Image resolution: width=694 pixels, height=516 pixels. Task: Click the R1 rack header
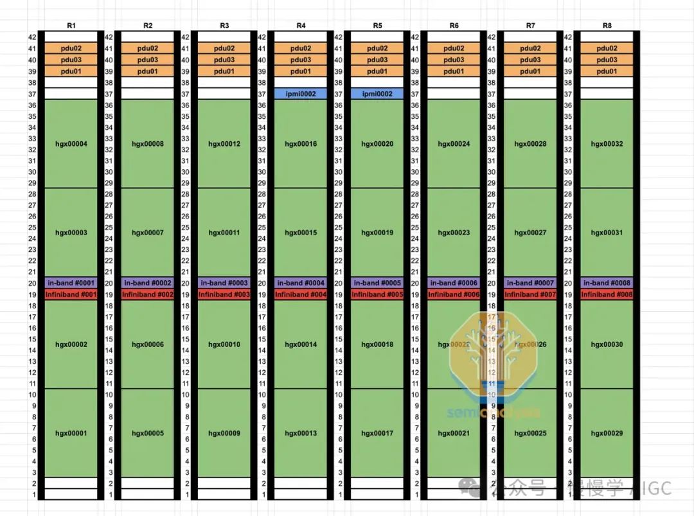(71, 26)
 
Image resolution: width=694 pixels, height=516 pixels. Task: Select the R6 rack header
(454, 26)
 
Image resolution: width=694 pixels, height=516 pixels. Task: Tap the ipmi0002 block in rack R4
(301, 94)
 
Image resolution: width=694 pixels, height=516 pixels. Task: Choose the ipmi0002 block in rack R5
(377, 94)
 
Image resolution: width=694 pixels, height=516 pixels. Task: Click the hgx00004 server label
(71, 144)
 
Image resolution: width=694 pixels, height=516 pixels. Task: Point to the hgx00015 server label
(301, 233)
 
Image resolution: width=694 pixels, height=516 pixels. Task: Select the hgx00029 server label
(607, 433)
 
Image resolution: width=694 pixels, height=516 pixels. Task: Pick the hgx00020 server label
(377, 144)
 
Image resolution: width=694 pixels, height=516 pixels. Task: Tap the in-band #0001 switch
(71, 283)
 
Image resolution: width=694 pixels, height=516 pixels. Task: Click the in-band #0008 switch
(607, 283)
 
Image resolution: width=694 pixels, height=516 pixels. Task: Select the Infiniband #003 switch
(224, 294)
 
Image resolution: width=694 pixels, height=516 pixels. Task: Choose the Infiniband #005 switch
(377, 294)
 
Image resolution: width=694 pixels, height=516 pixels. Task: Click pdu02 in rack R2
(148, 48)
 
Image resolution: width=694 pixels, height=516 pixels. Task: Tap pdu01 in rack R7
(531, 71)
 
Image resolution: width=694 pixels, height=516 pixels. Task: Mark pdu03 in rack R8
(607, 60)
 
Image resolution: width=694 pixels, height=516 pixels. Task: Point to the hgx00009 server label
(224, 433)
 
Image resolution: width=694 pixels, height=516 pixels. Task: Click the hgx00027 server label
(531, 233)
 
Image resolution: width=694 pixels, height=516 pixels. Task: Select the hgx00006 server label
(148, 344)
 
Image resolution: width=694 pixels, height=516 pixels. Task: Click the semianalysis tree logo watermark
(492, 360)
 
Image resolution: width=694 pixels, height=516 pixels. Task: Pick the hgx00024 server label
(454, 144)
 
